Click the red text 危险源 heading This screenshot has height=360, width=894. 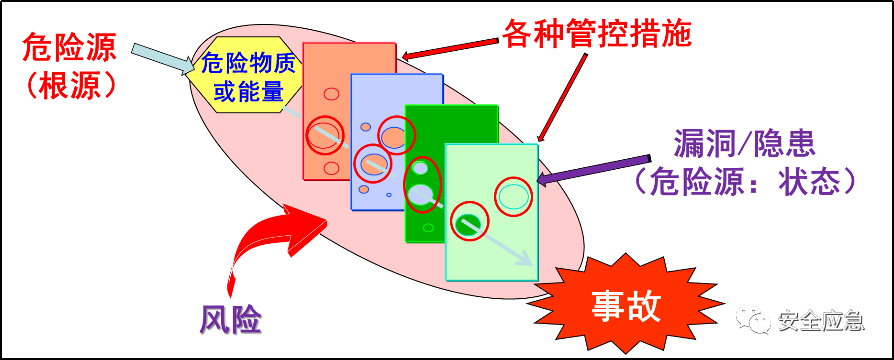coord(70,46)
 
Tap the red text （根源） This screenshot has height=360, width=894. coord(70,86)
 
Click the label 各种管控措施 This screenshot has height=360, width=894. coord(597,34)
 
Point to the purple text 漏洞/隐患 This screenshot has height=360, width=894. coord(745,144)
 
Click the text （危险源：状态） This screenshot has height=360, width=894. coord(745,181)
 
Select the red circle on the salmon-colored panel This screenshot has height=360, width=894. coord(324,134)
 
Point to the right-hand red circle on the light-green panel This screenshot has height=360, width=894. coord(513,196)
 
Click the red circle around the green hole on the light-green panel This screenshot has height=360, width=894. coord(469,223)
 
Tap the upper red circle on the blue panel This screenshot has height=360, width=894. coord(396,135)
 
